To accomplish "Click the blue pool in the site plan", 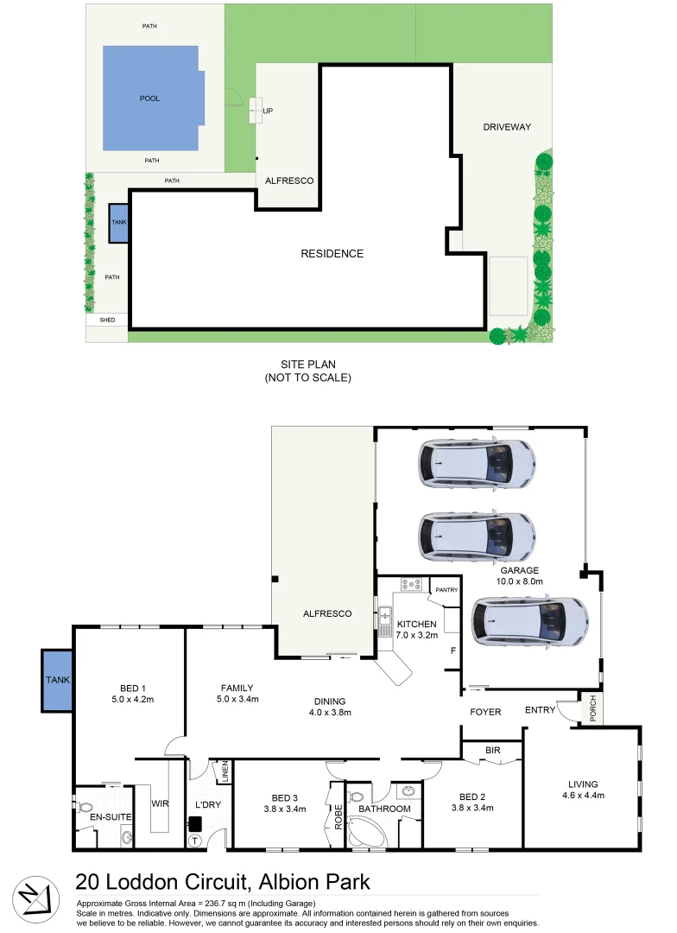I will (x=153, y=98).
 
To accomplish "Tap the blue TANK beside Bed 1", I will (x=58, y=681).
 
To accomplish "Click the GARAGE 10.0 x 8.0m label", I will (x=519, y=576).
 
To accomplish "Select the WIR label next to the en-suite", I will (x=159, y=803).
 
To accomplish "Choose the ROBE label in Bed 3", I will (x=338, y=817).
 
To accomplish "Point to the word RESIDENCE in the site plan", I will (x=332, y=254).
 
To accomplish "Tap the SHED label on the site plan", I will (x=107, y=320).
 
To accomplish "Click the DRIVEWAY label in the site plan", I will (x=506, y=128).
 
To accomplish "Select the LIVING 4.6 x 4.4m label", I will (x=583, y=790).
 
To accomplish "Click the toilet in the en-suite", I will (x=84, y=813).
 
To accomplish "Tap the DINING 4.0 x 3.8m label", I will (x=330, y=707).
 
